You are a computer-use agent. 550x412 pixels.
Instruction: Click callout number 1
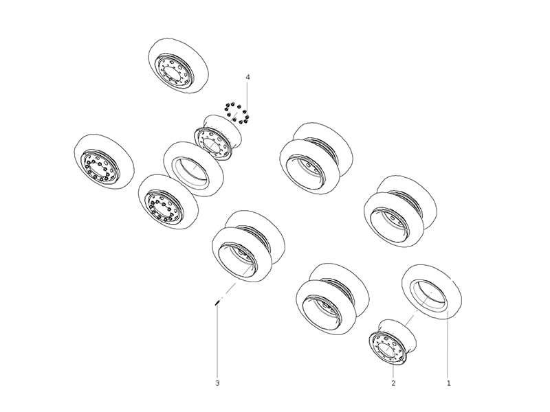(x=448, y=383)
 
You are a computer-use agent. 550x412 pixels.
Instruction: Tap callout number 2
(x=393, y=383)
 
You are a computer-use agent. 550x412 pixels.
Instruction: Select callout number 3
(x=217, y=383)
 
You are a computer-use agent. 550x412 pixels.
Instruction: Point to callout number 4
(x=247, y=77)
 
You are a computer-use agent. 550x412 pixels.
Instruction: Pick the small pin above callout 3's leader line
(x=217, y=301)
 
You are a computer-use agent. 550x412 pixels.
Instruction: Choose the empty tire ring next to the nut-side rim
(x=192, y=169)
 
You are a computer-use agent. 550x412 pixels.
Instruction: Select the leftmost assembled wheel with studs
(x=103, y=162)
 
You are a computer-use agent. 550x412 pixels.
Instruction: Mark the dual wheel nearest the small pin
(x=248, y=244)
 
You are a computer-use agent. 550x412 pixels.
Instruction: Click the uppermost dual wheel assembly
(x=316, y=159)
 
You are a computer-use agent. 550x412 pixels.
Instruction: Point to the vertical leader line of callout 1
(x=448, y=343)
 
